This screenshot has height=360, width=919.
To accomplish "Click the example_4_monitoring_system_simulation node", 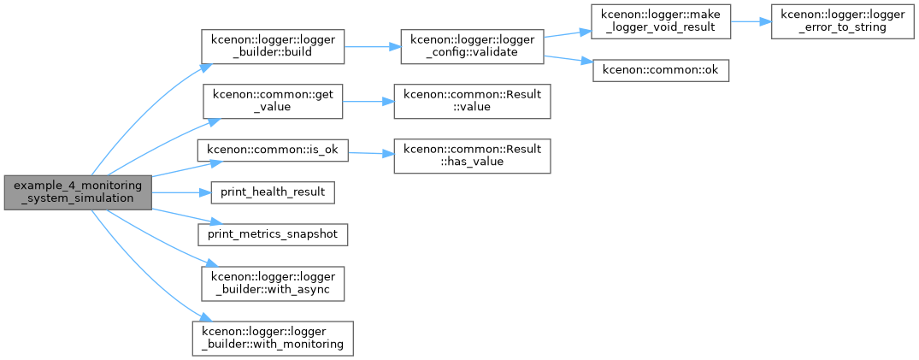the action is pos(78,192).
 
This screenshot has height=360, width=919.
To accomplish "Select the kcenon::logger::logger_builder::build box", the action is pos(273,46).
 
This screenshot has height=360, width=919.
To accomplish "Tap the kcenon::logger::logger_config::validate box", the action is pos(473,46).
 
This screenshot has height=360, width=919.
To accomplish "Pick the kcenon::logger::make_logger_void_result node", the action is pos(661,21).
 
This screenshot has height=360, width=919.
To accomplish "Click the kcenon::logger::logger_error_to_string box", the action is pos(843,21).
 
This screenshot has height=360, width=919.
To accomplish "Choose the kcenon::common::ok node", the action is pos(661,71).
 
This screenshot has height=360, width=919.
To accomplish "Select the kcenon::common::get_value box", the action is pos(273,102).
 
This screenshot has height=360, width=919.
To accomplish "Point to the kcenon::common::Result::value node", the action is pos(473,102).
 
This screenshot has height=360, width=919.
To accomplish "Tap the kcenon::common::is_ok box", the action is pos(273,151).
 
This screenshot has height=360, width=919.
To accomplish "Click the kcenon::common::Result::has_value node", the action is pos(473,156).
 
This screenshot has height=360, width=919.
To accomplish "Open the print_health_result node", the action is pos(273,192).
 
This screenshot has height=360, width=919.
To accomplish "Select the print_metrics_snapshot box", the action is pos(273,234).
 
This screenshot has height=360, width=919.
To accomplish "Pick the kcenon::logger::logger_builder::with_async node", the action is pos(273,284).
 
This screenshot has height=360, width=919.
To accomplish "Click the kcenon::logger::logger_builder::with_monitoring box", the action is pos(273,338).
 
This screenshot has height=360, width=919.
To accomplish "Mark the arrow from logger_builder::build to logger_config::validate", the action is pos(372,46).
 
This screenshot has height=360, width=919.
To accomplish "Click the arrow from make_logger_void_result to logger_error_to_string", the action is pos(751,21).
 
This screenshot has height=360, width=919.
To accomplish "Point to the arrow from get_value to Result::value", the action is pos(368,102).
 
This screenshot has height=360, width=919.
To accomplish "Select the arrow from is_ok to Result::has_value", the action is pos(371,153).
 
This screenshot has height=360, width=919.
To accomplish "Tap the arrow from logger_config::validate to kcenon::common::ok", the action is pos(568,60).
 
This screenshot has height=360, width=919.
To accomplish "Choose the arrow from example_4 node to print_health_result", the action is pos(182,192).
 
